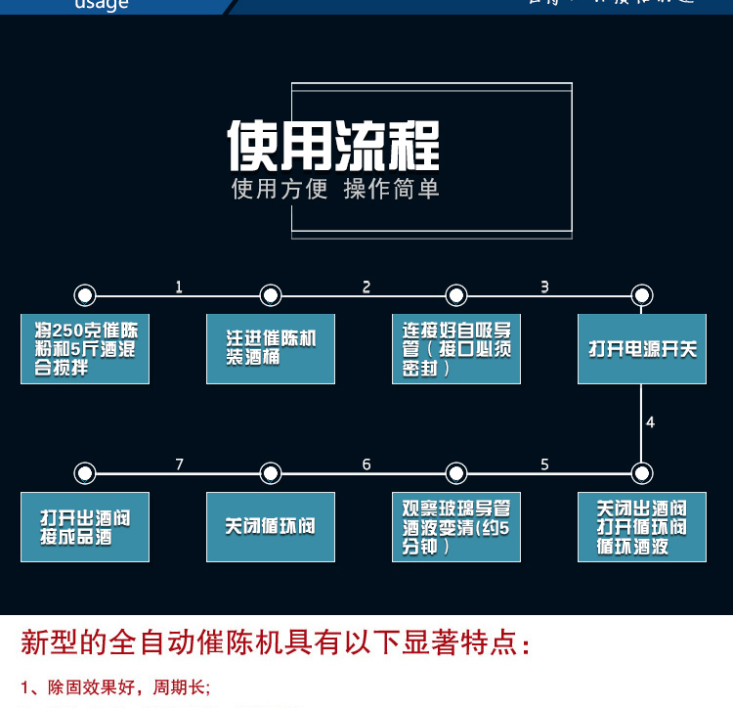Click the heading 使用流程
point(334,145)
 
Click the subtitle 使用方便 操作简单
point(334,189)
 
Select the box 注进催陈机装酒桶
point(271,349)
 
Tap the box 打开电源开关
point(642,349)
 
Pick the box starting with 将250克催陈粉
point(85,349)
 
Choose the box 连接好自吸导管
point(456,349)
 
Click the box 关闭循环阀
point(271,527)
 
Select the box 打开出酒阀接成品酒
point(85,527)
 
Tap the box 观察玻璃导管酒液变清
point(456,527)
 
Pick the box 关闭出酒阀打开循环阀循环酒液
point(642,527)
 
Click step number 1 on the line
point(179,287)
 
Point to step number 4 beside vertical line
point(650,422)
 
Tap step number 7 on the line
point(179,465)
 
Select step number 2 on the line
point(366,287)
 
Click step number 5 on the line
point(544,465)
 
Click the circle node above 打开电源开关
point(641,295)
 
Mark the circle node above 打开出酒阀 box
point(85,474)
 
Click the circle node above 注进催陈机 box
point(271,295)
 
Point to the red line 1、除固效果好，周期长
point(115,686)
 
